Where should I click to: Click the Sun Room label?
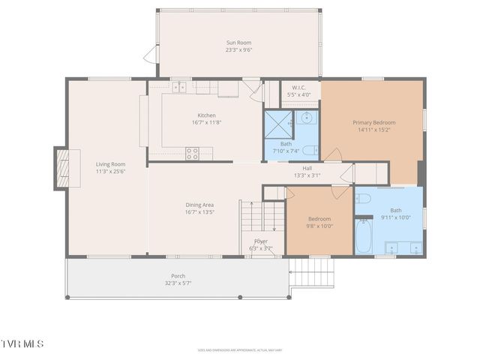pyautogui.click(x=238, y=43)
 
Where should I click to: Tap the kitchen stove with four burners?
pyautogui.click(x=193, y=153)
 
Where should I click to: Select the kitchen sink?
pyautogui.click(x=180, y=88)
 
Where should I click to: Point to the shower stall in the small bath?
pyautogui.click(x=277, y=121)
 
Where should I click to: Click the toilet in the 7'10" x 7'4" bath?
pyautogui.click(x=310, y=150)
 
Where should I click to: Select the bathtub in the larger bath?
pyautogui.click(x=363, y=235)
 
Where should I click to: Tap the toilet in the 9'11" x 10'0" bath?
pyautogui.click(x=362, y=199)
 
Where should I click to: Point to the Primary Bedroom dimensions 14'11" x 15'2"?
pyautogui.click(x=374, y=130)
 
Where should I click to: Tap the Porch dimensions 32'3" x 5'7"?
pyautogui.click(x=178, y=283)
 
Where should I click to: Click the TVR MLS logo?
pyautogui.click(x=22, y=343)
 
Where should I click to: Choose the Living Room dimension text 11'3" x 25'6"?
pyautogui.click(x=110, y=172)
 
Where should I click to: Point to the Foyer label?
pyautogui.click(x=260, y=241)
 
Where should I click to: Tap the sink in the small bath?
pyautogui.click(x=306, y=118)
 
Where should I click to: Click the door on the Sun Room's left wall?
pyautogui.click(x=152, y=54)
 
